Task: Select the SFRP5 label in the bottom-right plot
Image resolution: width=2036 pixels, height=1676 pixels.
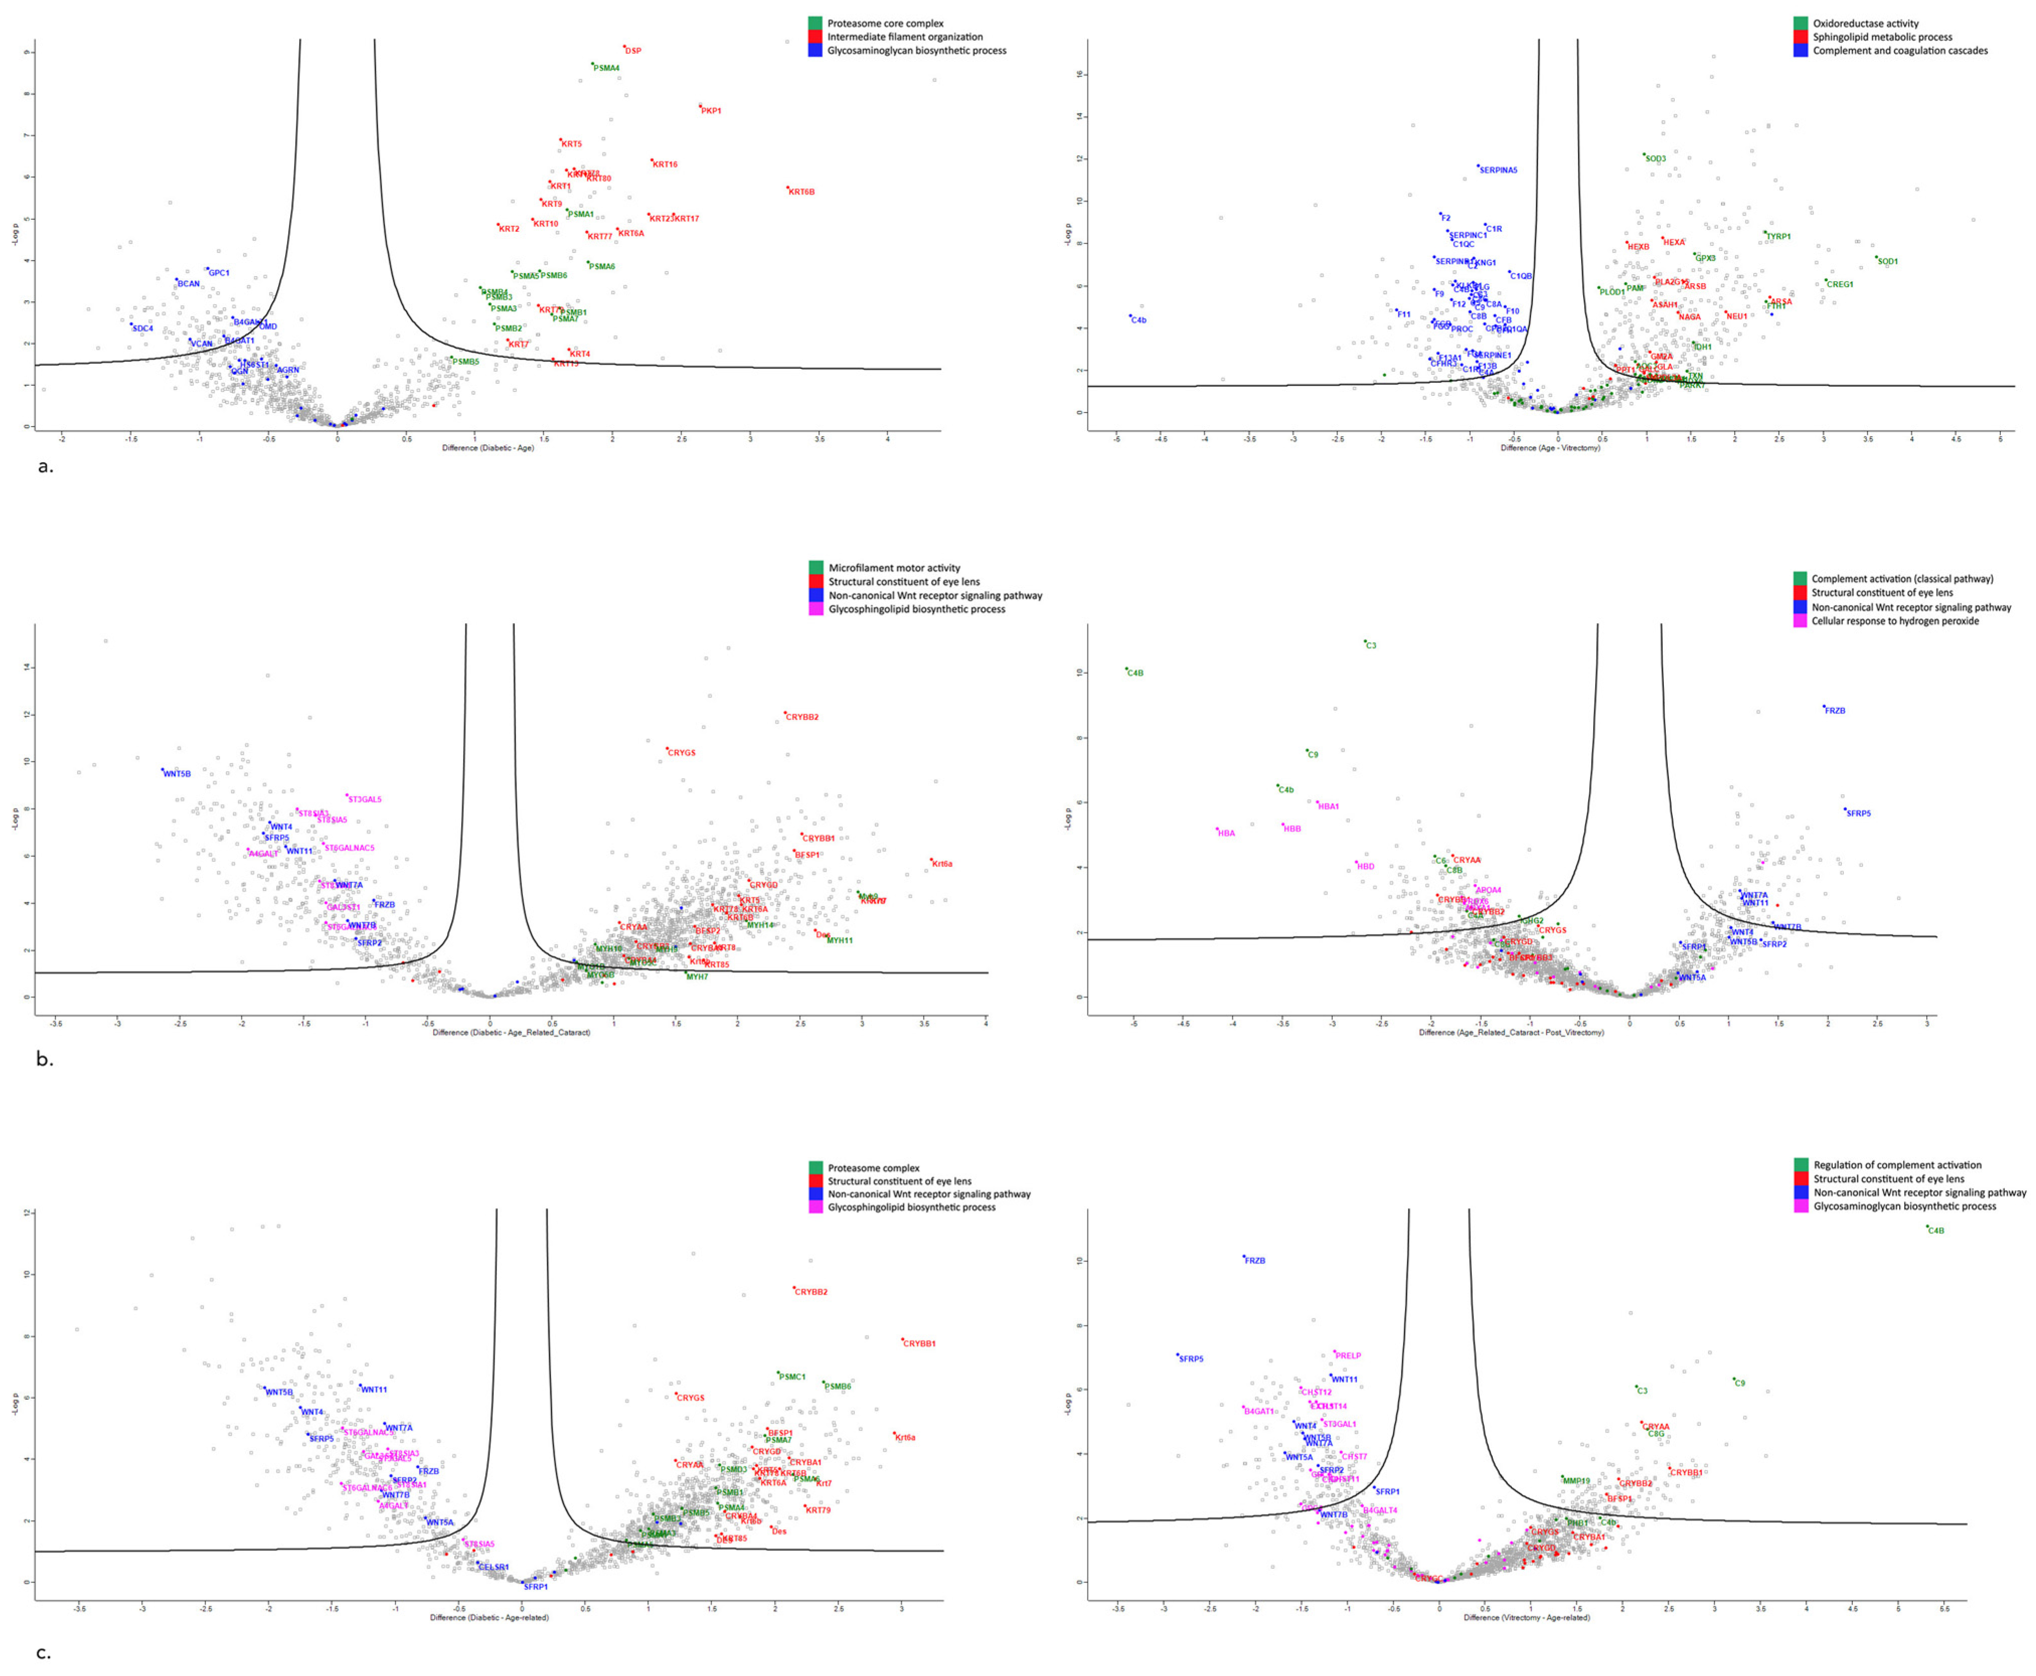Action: click(1192, 1359)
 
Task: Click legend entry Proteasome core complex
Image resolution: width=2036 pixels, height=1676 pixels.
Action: click(885, 23)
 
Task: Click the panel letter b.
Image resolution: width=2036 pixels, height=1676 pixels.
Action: click(44, 1059)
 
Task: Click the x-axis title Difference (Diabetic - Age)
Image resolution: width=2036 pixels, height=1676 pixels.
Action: click(487, 448)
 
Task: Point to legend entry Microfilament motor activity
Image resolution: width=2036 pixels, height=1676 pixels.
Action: click(894, 568)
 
